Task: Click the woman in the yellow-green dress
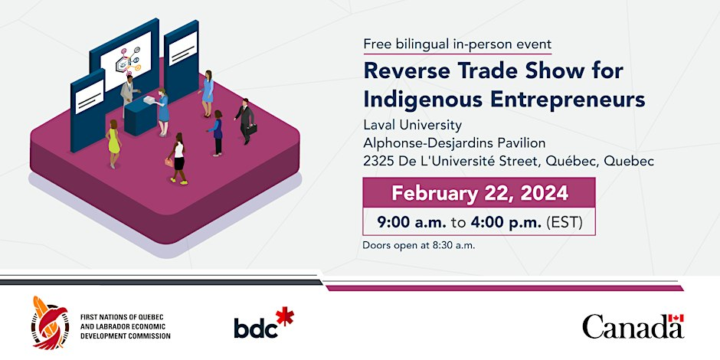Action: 113,143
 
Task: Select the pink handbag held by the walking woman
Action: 169,162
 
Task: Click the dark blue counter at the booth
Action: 141,117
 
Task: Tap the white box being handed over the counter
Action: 149,99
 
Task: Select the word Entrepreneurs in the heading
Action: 568,100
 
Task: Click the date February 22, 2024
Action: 479,193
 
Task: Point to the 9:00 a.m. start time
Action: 411,222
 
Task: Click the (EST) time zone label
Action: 565,223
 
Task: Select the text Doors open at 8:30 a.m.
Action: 419,245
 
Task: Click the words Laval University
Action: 412,125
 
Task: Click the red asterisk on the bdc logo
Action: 285,316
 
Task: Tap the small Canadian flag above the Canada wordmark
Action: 676,318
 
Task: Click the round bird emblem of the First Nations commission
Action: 50,322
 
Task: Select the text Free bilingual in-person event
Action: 457,44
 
